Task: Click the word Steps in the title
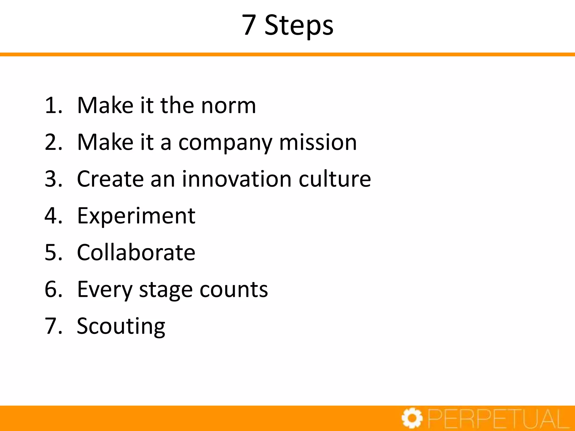299,25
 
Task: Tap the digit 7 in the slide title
249,25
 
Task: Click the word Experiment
136,216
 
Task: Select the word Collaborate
136,253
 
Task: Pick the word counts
234,290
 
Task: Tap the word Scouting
121,327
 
